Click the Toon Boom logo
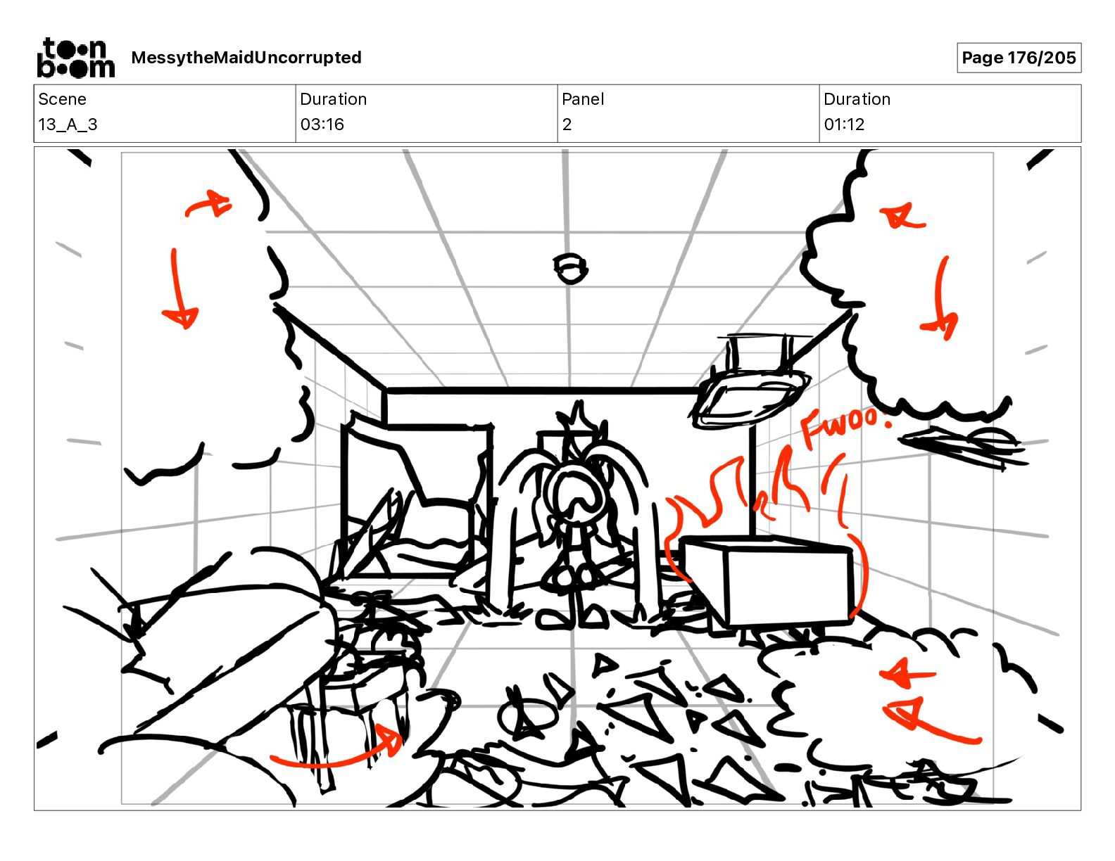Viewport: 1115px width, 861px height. [x=76, y=58]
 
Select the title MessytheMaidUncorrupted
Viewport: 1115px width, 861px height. [x=246, y=58]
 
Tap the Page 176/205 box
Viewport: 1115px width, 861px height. [x=1019, y=58]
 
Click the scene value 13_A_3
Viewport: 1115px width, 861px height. [x=68, y=125]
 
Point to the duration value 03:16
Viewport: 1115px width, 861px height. [x=322, y=125]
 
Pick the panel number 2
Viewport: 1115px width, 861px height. [x=567, y=125]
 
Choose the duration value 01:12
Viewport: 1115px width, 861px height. [x=844, y=125]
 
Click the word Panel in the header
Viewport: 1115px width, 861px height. [x=583, y=99]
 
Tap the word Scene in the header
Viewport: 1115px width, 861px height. [x=62, y=99]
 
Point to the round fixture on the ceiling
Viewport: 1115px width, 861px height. [x=571, y=268]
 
